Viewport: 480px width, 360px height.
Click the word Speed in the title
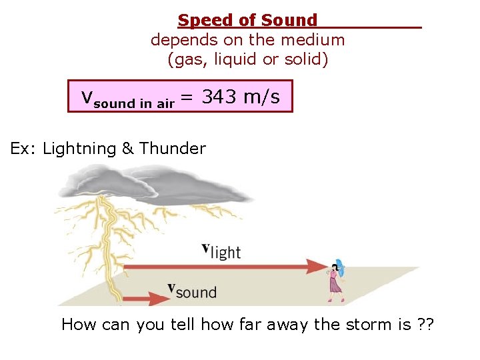click(201, 21)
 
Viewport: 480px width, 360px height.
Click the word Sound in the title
click(289, 21)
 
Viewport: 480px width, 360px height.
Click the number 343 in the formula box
click(220, 97)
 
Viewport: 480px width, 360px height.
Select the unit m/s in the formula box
click(262, 97)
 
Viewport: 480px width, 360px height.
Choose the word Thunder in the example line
click(173, 148)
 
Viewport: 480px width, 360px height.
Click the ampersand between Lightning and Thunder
click(128, 148)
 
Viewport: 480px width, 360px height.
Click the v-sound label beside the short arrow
click(192, 290)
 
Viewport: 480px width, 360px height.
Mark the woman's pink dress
click(334, 285)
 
